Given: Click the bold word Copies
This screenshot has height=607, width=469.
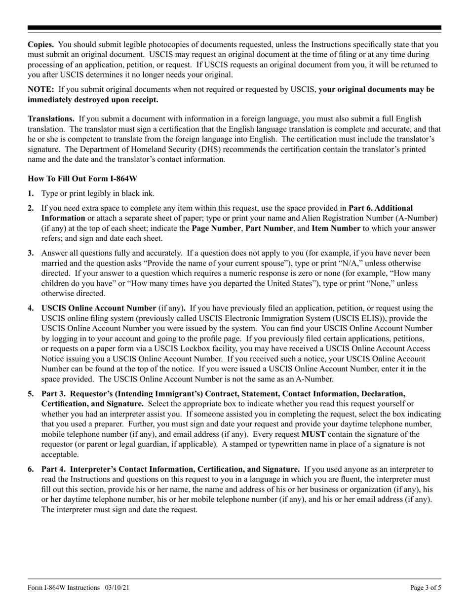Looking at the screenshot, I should [x=41, y=44].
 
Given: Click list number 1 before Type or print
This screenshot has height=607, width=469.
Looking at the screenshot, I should [x=31, y=193].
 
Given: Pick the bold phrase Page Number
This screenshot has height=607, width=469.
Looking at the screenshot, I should [x=213, y=228].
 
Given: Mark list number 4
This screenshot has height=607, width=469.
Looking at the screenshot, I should [x=31, y=308].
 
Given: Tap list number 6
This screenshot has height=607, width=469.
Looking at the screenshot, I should [x=31, y=469].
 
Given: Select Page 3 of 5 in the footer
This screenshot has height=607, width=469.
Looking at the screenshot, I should [x=426, y=588].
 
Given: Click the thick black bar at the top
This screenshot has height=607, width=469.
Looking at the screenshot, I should [x=234, y=28].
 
